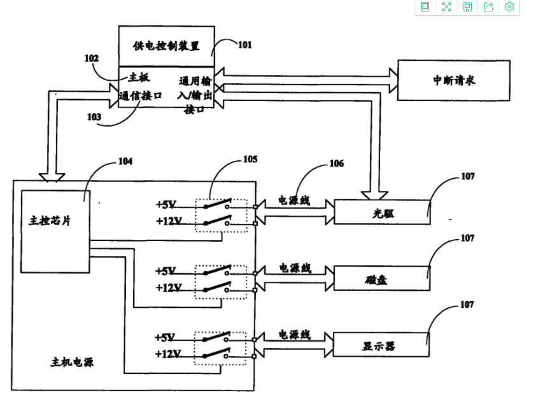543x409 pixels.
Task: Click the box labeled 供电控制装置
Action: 166,46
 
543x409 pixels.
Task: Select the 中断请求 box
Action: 453,80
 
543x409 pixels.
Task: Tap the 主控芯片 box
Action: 55,231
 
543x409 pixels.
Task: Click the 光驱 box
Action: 382,212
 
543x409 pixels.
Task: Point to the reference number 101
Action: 244,45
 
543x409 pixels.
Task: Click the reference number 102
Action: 92,58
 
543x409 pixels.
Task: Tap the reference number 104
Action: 125,162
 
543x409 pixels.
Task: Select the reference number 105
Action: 250,159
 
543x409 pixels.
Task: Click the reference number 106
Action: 336,163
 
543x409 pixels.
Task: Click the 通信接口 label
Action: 141,95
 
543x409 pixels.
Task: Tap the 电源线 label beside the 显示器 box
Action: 294,334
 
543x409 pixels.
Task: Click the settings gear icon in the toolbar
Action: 509,7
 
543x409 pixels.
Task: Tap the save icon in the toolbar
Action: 467,7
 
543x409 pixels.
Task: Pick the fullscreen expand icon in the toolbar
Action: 446,7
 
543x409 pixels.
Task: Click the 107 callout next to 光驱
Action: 467,176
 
